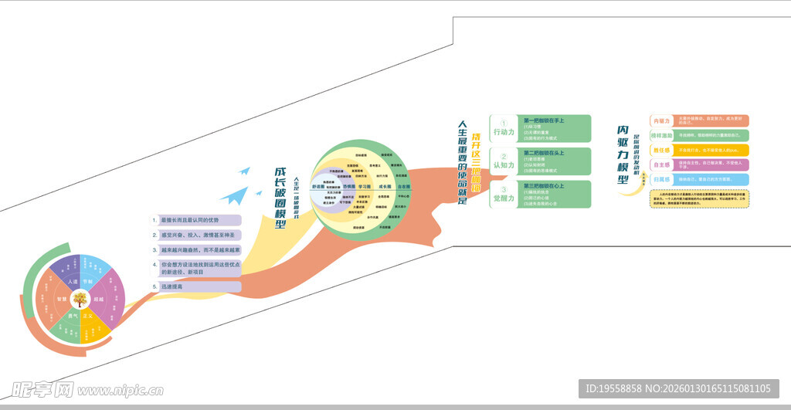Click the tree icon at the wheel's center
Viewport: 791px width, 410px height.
(x=80, y=297)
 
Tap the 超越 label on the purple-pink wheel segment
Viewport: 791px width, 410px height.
(x=99, y=298)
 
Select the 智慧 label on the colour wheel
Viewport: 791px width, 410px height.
(x=61, y=298)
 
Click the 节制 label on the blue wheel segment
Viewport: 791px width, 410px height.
(x=89, y=281)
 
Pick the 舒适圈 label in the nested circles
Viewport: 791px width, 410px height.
(x=319, y=187)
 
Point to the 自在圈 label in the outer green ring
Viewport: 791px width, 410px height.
(x=404, y=187)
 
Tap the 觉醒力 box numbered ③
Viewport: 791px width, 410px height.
(x=504, y=194)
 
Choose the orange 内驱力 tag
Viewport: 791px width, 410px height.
(x=660, y=121)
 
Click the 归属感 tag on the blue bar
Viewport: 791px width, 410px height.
(x=660, y=179)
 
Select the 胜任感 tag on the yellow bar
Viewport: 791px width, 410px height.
(x=660, y=150)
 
